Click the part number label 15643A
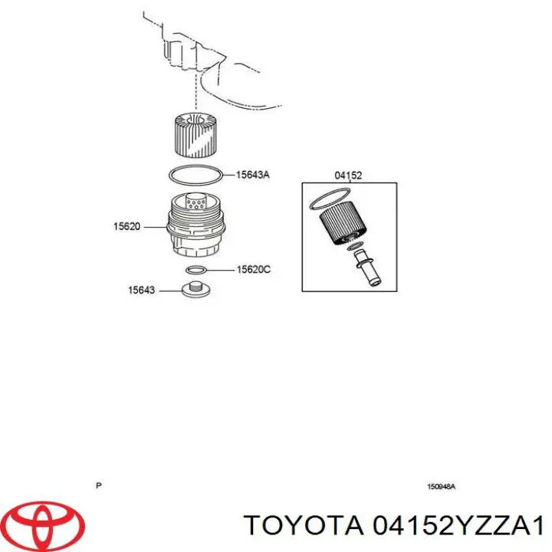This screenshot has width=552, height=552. pos(253,175)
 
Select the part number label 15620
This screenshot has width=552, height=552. pos(127,226)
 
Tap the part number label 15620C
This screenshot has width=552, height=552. pos(253,269)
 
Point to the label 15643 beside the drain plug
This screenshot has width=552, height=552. pos(140,290)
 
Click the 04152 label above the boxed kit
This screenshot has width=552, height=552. pos(348,176)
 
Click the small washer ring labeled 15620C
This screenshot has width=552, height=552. pos(195,270)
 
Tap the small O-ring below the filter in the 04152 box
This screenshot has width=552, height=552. pos(354,246)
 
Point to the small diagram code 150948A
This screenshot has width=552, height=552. pos(441,486)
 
